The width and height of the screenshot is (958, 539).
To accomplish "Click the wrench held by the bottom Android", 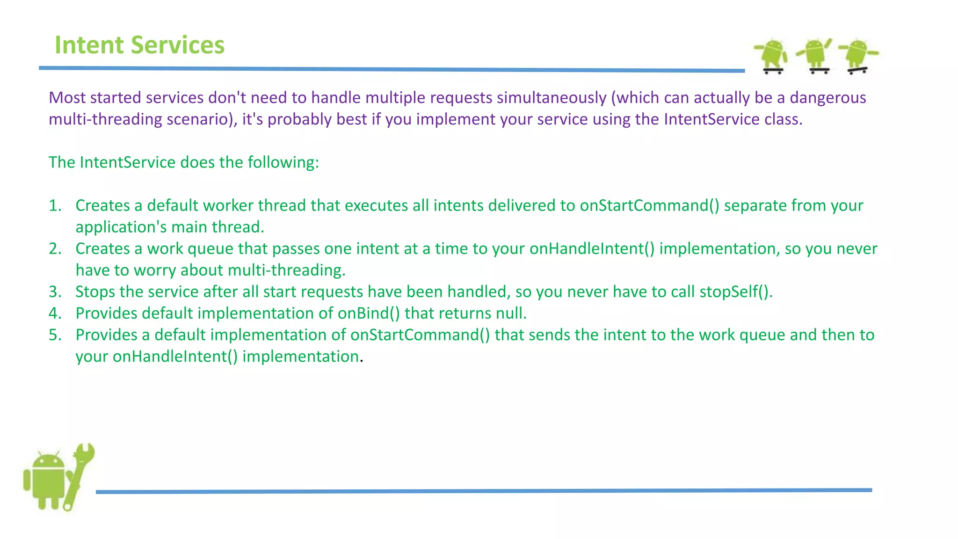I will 80,473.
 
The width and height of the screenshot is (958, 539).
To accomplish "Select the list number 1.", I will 55,206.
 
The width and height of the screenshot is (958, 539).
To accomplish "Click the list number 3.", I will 55,292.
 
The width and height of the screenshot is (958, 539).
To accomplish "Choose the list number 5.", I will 55,335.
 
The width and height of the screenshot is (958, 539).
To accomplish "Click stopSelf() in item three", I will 735,292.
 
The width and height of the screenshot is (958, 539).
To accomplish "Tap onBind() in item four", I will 369,313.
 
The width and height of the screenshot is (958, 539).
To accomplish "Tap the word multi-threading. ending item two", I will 286,270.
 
